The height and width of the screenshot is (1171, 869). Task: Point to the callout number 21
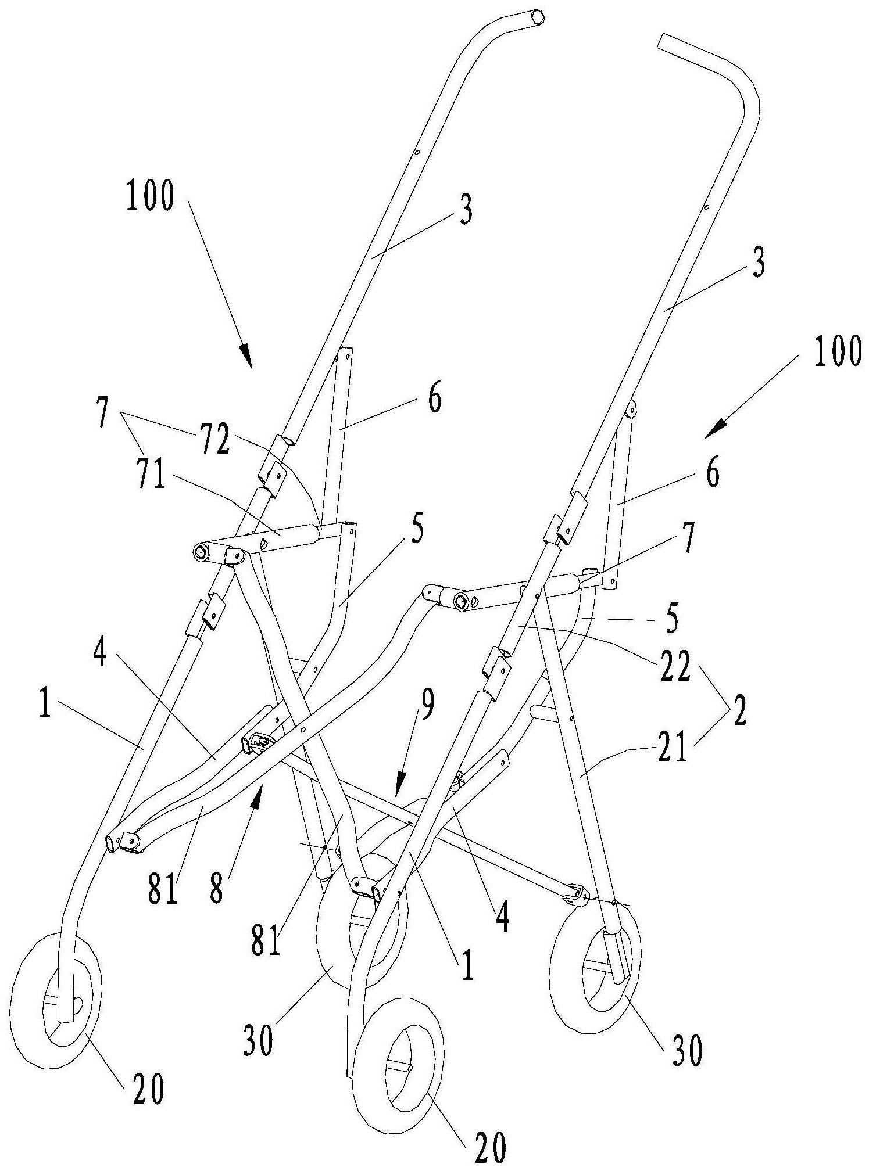(670, 748)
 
